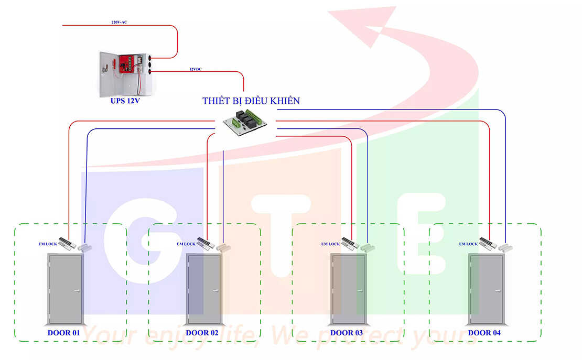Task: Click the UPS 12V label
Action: tap(125, 101)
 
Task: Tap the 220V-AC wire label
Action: tap(119, 22)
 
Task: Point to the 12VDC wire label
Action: tap(195, 69)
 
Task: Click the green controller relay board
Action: tap(245, 121)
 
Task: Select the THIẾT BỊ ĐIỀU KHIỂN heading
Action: tap(251, 101)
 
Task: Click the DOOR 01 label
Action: tap(64, 333)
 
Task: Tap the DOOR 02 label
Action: tap(202, 333)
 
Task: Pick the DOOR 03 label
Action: tap(346, 333)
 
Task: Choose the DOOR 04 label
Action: tap(484, 333)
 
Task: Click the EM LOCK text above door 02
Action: tap(186, 244)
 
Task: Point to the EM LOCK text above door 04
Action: tap(468, 244)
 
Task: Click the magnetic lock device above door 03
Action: tap(349, 243)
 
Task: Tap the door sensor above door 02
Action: tap(224, 246)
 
